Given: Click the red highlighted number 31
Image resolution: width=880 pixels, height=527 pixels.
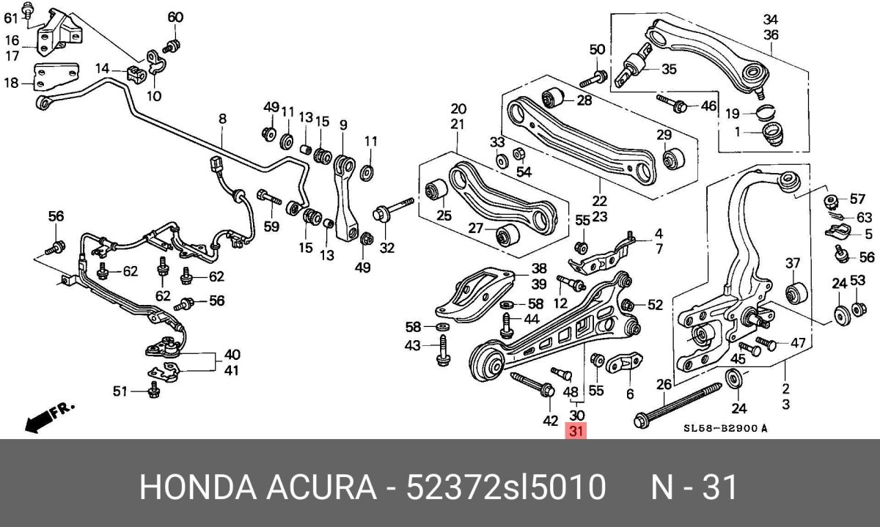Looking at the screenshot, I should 576,432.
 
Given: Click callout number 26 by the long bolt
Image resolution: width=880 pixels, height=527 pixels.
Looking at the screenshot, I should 664,385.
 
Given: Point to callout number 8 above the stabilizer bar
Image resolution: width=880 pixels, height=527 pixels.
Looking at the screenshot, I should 222,118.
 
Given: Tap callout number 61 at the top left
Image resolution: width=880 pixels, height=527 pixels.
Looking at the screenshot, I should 10,18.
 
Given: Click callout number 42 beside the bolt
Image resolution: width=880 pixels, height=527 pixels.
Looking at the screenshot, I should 551,421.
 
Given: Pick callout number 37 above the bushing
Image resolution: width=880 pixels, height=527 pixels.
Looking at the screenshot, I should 792,263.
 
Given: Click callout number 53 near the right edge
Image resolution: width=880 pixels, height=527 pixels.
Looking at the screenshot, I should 858,282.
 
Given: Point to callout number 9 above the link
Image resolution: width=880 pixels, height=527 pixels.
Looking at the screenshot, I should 342,125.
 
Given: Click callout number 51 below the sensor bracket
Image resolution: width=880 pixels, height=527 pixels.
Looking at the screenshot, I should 120,391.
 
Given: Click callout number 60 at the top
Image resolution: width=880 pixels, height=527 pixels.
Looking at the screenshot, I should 175,17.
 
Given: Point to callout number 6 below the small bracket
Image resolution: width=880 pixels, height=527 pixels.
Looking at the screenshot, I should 629,393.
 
